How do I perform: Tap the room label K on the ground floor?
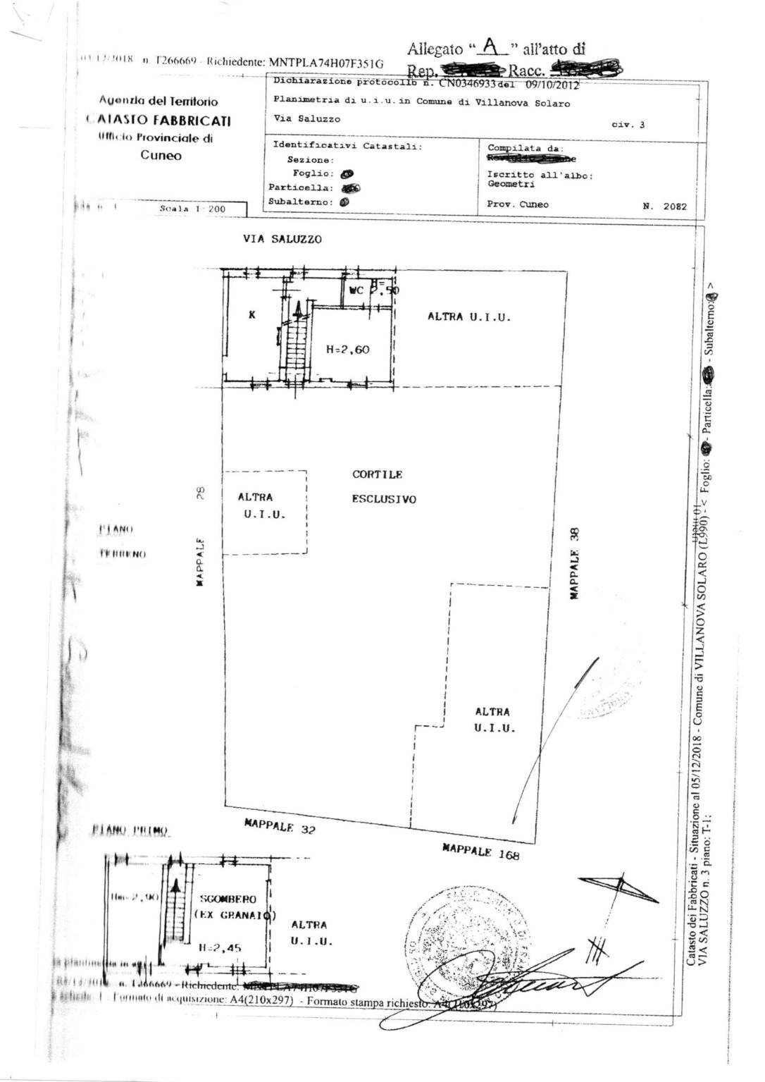[x=251, y=315]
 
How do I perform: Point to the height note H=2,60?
[x=348, y=349]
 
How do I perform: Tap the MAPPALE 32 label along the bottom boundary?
[x=280, y=825]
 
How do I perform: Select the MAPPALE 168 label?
[x=480, y=852]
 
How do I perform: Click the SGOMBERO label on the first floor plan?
[x=228, y=899]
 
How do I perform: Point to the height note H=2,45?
[x=220, y=948]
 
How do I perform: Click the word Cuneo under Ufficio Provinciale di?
[x=160, y=156]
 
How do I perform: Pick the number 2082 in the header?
[x=674, y=207]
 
